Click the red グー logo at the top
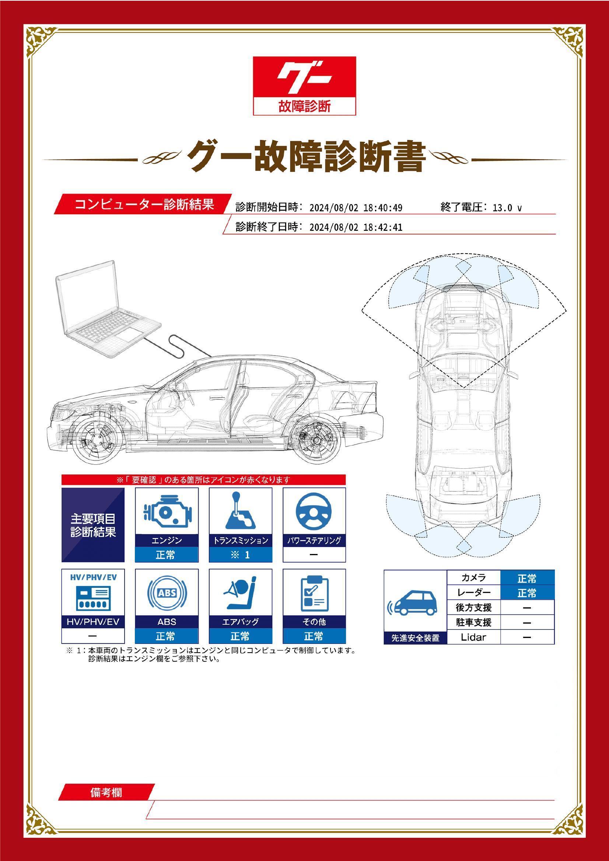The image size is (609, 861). [304, 86]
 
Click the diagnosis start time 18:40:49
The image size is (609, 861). [383, 208]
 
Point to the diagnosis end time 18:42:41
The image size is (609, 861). [383, 227]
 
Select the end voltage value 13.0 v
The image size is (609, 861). [507, 208]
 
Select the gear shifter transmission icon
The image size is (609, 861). [240, 510]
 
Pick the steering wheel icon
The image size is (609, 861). [314, 511]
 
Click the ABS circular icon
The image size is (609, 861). [167, 593]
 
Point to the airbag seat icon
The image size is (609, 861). [240, 593]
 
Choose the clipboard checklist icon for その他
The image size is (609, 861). [314, 593]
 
